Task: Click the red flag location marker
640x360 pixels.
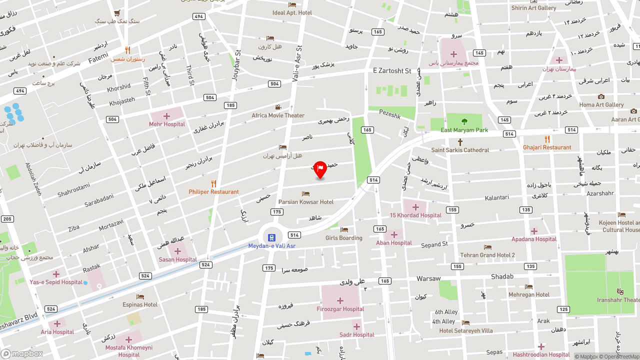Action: point(320,169)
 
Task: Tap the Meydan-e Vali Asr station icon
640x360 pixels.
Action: point(271,237)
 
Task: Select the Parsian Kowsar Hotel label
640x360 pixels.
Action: point(305,202)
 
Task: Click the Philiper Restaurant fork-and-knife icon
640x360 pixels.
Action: point(213,183)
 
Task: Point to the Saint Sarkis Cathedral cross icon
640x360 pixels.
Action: point(460,142)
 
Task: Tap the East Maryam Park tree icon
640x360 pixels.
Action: point(464,121)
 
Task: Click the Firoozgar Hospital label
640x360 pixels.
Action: point(340,309)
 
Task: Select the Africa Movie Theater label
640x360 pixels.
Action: point(278,115)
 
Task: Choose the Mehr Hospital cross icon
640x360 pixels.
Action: point(166,116)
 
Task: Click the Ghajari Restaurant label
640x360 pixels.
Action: point(547,147)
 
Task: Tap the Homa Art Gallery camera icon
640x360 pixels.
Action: point(601,96)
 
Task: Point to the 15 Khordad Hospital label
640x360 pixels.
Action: point(415,215)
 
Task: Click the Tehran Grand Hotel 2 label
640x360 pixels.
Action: point(487,255)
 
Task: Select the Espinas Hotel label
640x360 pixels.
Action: point(140,304)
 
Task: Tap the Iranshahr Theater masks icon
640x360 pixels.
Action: point(620,291)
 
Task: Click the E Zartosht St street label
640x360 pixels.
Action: point(392,71)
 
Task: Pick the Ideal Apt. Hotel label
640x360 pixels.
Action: point(292,12)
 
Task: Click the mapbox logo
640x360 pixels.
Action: point(22,353)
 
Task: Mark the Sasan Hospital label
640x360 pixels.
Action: point(177,259)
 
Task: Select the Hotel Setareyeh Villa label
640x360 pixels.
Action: point(466,330)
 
